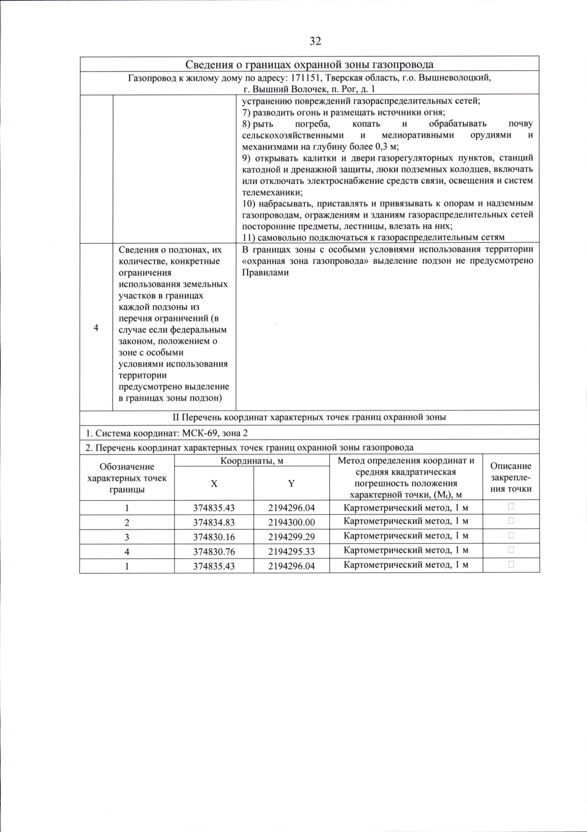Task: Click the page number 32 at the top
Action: (316, 41)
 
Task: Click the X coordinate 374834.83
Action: (214, 522)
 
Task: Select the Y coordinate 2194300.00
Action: (291, 522)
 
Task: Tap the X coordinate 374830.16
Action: (214, 537)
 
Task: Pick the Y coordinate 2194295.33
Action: (291, 552)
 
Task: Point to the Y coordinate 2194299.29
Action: (291, 537)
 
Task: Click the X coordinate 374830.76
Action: (214, 552)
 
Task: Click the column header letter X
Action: (214, 484)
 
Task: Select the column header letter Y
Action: (291, 484)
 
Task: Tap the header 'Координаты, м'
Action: (251, 461)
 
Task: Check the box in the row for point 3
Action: (511, 535)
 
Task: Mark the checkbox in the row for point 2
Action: (511, 521)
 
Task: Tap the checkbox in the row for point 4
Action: (511, 550)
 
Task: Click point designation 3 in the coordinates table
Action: (127, 537)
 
